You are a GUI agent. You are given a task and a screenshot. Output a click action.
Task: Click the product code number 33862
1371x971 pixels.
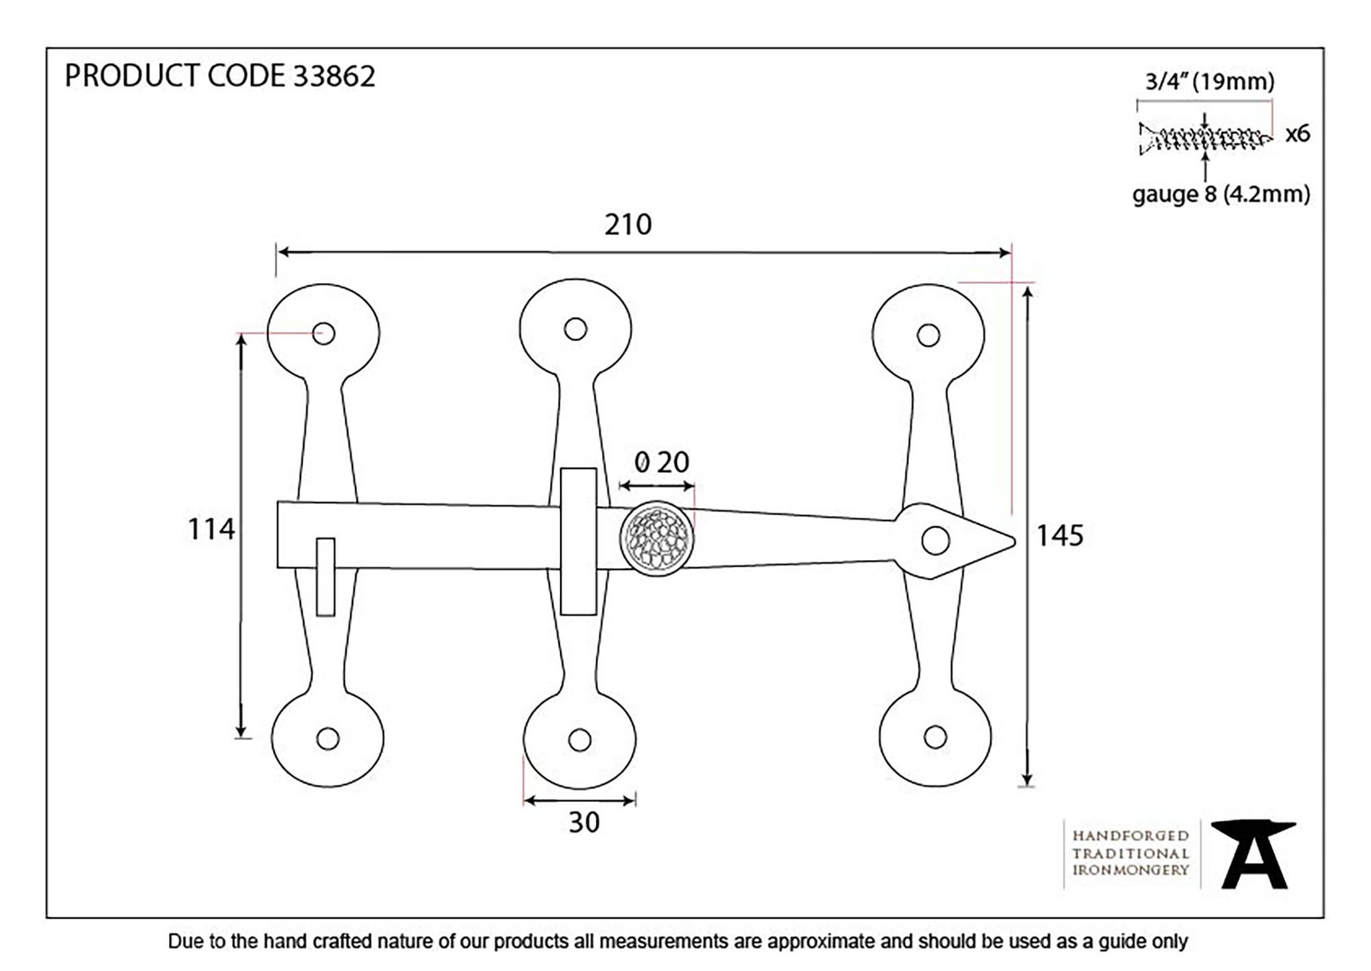[x=334, y=76]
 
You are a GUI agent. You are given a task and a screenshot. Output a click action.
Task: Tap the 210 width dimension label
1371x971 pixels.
[x=628, y=225]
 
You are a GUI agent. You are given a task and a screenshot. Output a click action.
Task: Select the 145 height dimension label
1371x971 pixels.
[x=1059, y=536]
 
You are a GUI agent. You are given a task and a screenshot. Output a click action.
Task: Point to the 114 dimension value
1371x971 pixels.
[x=211, y=530]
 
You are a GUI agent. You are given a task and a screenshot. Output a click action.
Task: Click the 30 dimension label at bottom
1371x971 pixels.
[x=583, y=823]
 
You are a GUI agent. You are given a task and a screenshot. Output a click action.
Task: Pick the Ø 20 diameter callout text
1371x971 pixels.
[x=662, y=462]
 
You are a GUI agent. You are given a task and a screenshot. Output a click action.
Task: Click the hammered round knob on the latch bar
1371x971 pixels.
[x=657, y=539]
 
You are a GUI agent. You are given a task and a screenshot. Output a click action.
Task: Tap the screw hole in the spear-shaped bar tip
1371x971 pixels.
[x=935, y=540]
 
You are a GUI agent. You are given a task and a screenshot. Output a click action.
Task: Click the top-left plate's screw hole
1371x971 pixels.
[x=324, y=334]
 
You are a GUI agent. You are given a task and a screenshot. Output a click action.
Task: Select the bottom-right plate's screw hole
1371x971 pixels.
[x=935, y=737]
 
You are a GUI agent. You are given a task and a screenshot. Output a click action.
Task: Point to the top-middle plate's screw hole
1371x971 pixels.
[x=575, y=329]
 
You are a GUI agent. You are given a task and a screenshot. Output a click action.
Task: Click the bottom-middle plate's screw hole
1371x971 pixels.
[x=580, y=741]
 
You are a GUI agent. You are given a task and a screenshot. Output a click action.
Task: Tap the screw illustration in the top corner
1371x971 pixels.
[x=1205, y=139]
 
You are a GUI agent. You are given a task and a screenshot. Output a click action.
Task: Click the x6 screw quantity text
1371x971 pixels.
[x=1297, y=133]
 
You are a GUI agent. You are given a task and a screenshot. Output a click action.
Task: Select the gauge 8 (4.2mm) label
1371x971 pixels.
[x=1221, y=195]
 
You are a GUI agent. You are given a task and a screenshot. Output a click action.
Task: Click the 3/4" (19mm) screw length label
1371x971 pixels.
[x=1209, y=81]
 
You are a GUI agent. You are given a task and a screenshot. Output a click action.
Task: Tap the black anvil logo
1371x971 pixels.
[x=1253, y=855]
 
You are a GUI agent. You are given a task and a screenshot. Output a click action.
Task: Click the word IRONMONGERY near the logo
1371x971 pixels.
[x=1130, y=870]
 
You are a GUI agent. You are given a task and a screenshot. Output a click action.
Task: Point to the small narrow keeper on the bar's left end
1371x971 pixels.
[x=325, y=576]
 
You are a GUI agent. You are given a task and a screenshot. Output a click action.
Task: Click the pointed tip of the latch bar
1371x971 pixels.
[x=1015, y=541]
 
